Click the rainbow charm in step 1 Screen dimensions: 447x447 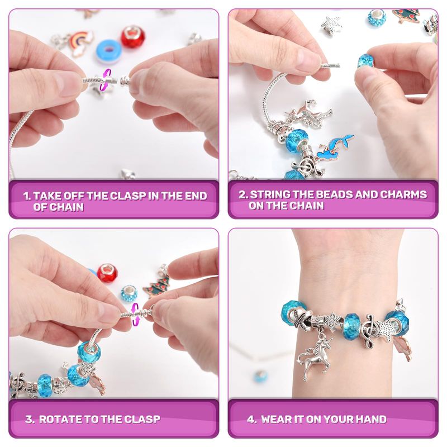pyautogui.click(x=80, y=43)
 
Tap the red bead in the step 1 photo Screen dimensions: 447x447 pyautogui.click(x=133, y=36)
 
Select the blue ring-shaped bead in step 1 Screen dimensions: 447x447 pyautogui.click(x=108, y=51)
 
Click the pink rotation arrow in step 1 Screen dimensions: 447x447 pyautogui.click(x=105, y=80)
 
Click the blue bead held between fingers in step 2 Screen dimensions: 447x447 pyautogui.click(x=365, y=60)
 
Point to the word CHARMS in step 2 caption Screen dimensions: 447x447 pyautogui.click(x=403, y=194)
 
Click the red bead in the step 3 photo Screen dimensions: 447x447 pyautogui.click(x=107, y=273)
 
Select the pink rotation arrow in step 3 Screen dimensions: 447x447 pyautogui.click(x=135, y=314)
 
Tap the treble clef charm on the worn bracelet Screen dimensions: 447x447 pyautogui.click(x=369, y=331)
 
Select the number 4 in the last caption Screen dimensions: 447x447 pyautogui.click(x=250, y=419)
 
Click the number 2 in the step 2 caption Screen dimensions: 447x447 pyautogui.click(x=242, y=194)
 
